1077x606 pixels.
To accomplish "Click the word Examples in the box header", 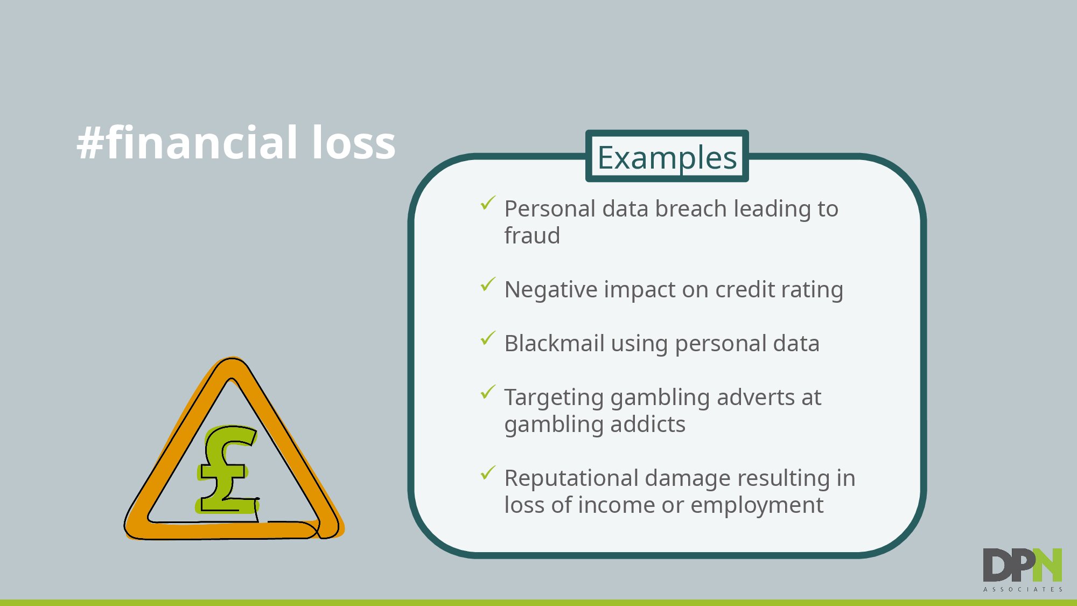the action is coord(667,158).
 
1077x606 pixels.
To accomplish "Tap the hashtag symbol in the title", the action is coord(90,143).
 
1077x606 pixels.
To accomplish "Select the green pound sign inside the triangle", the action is coord(227,469).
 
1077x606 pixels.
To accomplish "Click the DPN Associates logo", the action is coord(1023,570).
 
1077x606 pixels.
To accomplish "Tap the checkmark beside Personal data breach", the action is coord(488,203).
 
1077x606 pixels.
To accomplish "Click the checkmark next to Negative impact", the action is coord(488,284).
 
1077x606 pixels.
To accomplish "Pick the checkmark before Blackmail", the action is coord(488,338).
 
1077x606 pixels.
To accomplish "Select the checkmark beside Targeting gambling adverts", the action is coord(488,392).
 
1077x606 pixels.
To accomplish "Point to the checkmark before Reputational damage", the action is coord(488,472).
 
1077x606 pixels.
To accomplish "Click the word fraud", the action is coord(532,235).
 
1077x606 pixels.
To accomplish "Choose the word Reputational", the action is coord(571,478).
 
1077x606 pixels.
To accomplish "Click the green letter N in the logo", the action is coord(1048,565).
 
